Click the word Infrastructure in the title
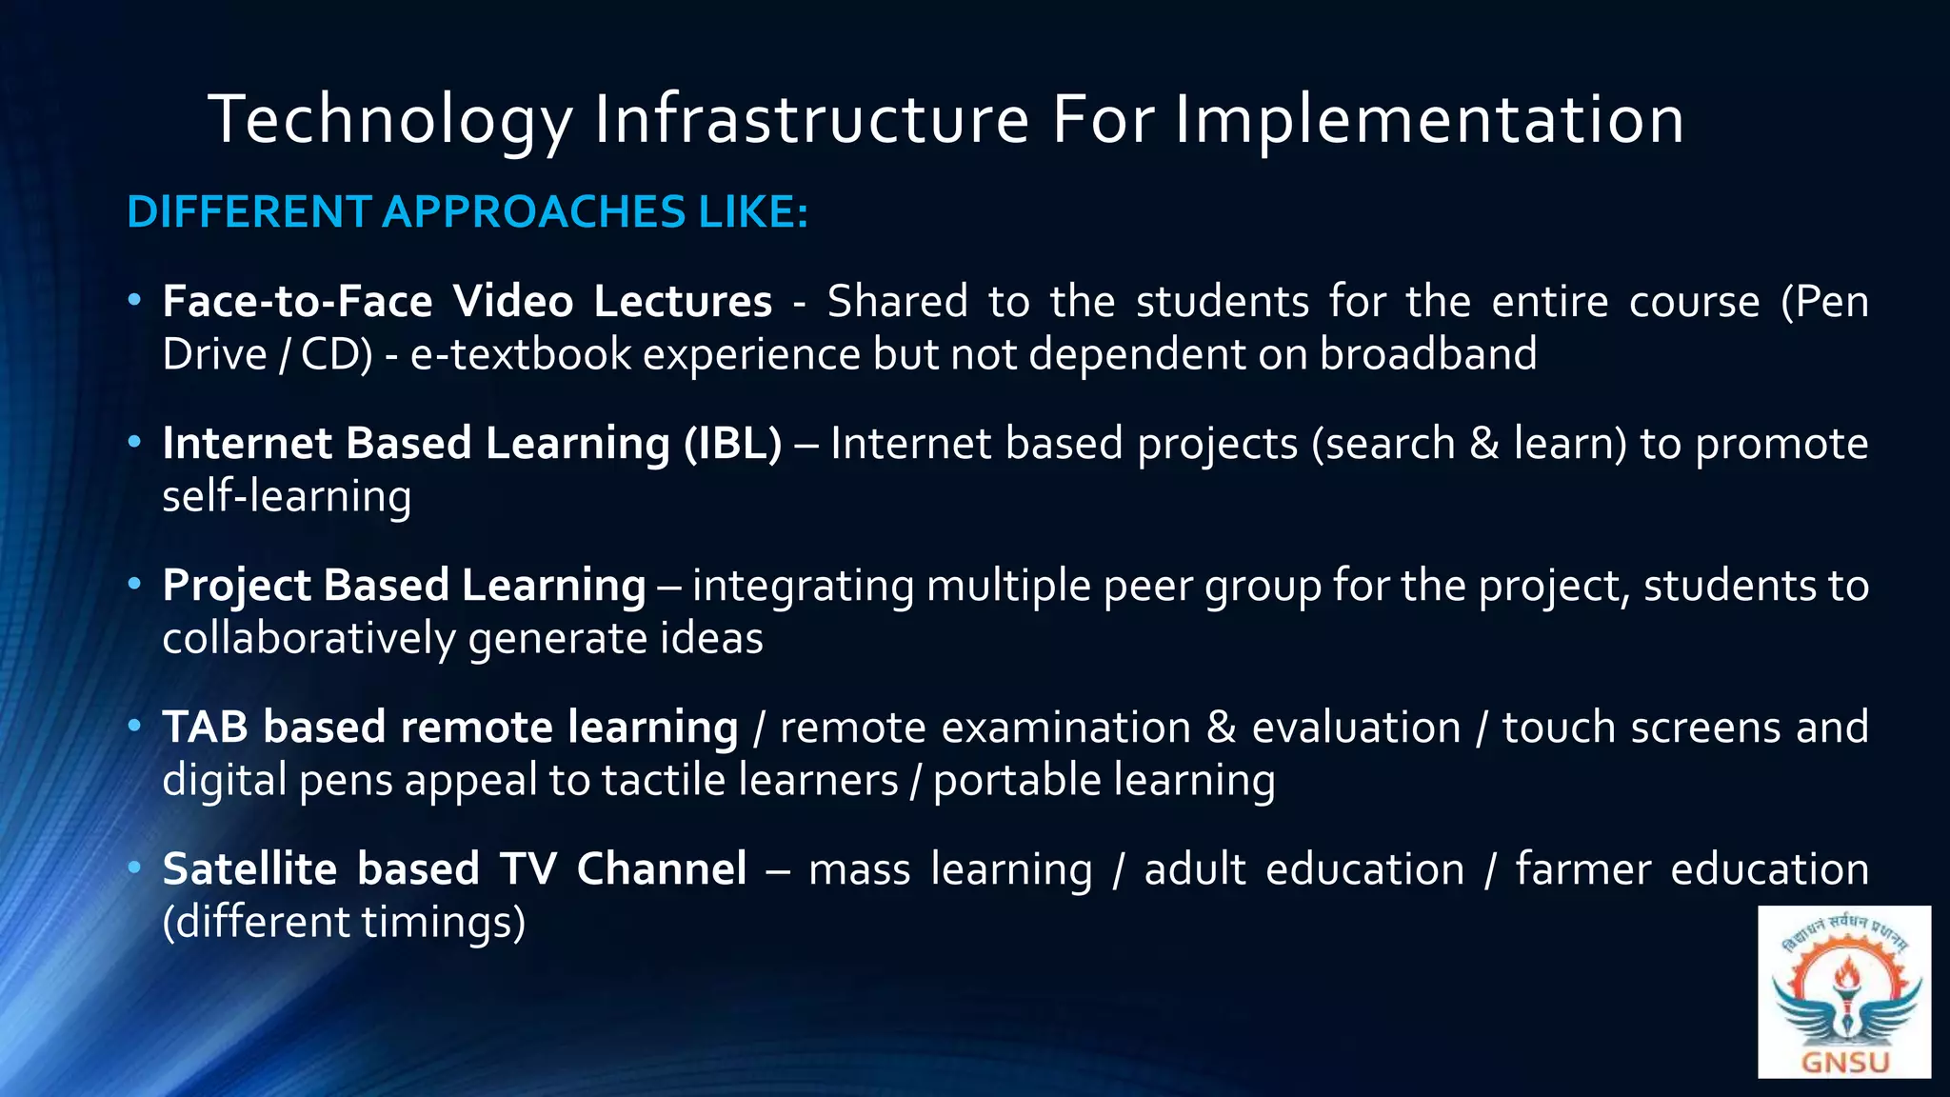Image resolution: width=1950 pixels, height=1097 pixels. (x=811, y=120)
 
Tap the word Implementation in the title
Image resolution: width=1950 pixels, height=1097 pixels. (x=1428, y=120)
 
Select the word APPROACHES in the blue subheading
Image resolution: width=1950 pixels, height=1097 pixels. (x=533, y=211)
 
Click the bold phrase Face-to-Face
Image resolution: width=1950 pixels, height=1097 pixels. (x=297, y=302)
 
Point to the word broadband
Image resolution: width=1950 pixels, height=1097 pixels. (x=1427, y=354)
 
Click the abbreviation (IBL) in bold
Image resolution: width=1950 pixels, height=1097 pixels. (x=732, y=444)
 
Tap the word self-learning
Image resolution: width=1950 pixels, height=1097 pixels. (x=287, y=497)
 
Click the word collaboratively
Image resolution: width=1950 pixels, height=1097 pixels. (x=308, y=638)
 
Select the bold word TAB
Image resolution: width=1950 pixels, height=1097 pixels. (x=206, y=728)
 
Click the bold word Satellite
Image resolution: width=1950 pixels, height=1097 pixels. (x=249, y=869)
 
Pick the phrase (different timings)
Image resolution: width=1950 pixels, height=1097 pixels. (x=344, y=922)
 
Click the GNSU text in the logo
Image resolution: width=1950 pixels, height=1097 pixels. (x=1844, y=1062)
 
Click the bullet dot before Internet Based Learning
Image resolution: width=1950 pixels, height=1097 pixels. (x=134, y=442)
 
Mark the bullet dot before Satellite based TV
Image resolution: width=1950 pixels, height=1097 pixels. (x=134, y=868)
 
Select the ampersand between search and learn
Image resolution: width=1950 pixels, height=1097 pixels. (x=1483, y=444)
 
